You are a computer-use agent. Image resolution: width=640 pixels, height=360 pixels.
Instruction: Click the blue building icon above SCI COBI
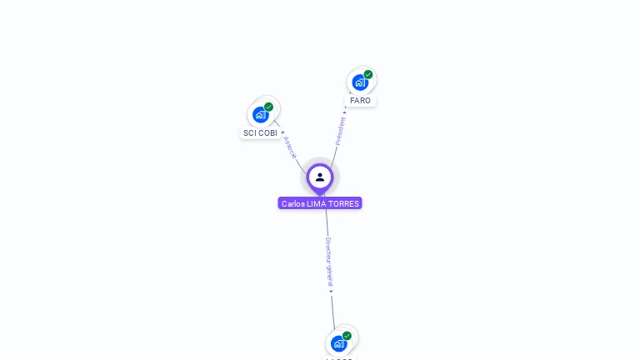click(x=261, y=115)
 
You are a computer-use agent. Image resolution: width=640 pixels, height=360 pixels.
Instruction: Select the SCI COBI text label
click(x=260, y=133)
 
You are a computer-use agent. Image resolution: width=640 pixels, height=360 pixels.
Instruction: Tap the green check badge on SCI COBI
click(x=269, y=107)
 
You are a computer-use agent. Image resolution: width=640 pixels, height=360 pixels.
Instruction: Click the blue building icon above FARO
click(x=359, y=82)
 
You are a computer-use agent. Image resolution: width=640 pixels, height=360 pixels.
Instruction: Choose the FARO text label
click(x=360, y=101)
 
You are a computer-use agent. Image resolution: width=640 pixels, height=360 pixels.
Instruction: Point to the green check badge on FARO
click(x=368, y=74)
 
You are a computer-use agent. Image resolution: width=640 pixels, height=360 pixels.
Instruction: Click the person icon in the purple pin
click(x=320, y=177)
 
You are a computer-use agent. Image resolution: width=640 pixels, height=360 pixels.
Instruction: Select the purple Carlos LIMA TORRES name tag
click(x=320, y=203)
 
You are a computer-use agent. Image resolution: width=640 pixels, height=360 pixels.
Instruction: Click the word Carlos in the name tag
click(x=293, y=203)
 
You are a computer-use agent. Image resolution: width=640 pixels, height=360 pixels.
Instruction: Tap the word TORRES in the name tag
click(x=344, y=203)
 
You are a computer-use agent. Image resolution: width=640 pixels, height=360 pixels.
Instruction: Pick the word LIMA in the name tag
click(x=317, y=203)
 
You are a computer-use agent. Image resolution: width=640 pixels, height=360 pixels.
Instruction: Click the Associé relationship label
click(x=290, y=147)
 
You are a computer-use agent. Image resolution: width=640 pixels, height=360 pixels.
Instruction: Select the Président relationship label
click(x=340, y=132)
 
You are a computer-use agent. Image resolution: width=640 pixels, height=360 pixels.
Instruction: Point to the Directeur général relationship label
click(x=329, y=262)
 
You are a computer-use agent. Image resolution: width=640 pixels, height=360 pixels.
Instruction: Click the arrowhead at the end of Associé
click(x=283, y=132)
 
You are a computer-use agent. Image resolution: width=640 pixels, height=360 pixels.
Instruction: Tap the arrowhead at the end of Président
click(x=345, y=110)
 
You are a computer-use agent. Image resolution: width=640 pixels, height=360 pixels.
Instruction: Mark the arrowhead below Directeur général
click(x=331, y=292)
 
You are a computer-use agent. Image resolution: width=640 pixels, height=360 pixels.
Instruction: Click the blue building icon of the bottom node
click(x=338, y=343)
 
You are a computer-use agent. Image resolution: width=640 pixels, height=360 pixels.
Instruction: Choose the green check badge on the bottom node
click(x=347, y=336)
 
